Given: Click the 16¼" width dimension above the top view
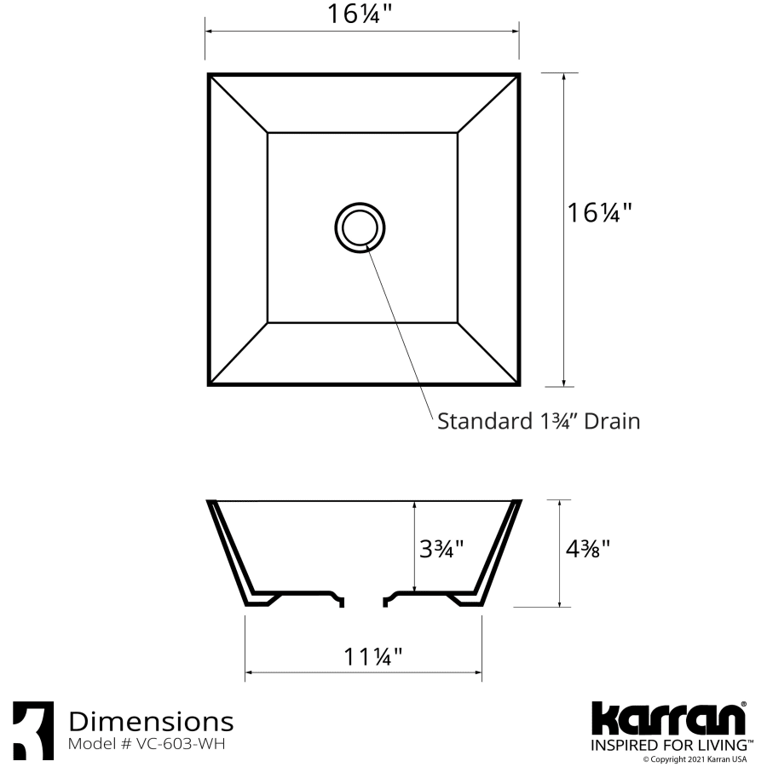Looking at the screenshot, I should tap(362, 14).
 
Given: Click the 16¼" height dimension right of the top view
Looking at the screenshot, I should tap(600, 213).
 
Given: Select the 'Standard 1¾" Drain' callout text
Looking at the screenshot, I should tap(538, 421).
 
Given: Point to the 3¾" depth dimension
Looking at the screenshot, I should tap(441, 550).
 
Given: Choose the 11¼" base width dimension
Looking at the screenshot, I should tap(372, 657).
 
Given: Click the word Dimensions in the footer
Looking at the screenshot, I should tap(151, 722).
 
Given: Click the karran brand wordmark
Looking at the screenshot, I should tap(669, 718).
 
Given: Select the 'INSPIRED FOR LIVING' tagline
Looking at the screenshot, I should tap(669, 744).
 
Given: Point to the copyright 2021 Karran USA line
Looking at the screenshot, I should tap(695, 759).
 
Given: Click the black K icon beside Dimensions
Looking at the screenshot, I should tap(33, 730).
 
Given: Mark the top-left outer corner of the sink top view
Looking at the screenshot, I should tap(210, 75).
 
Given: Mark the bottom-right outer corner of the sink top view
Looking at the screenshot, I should tap(518, 384).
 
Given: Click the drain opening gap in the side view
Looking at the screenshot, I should tap(364, 602).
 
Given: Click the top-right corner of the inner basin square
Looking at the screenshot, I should tap(458, 133).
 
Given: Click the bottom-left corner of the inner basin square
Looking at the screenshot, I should tap(268, 323).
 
